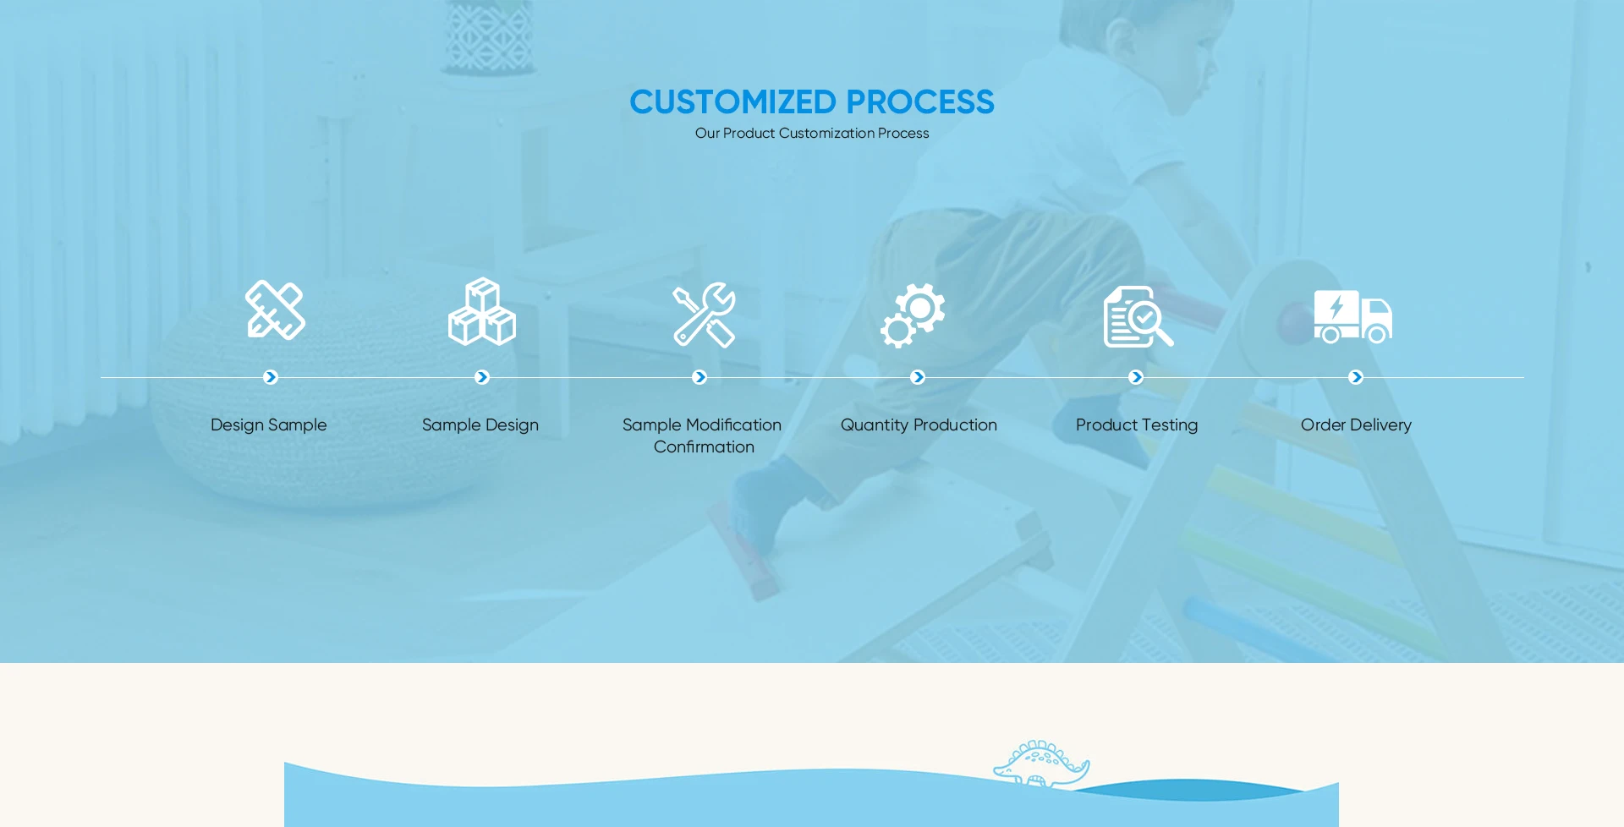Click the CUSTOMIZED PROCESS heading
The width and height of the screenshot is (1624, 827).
click(812, 101)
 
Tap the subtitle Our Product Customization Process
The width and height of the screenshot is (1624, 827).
click(812, 134)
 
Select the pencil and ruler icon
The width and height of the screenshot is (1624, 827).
click(275, 309)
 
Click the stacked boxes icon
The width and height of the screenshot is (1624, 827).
click(482, 311)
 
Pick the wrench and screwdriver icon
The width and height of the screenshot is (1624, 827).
click(704, 315)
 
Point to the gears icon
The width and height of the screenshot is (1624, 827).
click(913, 315)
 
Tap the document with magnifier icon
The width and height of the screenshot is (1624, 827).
click(1138, 316)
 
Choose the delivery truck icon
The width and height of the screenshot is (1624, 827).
click(1353, 316)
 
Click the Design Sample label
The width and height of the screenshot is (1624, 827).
click(269, 425)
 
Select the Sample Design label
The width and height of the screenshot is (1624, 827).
click(480, 425)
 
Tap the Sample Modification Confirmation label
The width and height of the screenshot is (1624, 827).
click(702, 435)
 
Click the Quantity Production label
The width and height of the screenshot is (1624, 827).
click(919, 425)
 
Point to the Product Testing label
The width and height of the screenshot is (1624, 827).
click(1137, 425)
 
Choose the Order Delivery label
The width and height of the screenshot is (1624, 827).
click(1356, 425)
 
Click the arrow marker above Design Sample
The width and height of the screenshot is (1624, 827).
click(271, 377)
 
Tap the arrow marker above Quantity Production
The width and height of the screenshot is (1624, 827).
click(918, 377)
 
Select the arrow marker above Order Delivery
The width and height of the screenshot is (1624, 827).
click(1356, 377)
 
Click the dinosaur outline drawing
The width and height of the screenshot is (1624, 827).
click(1042, 764)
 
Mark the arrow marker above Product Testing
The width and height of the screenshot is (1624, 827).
click(1136, 377)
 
